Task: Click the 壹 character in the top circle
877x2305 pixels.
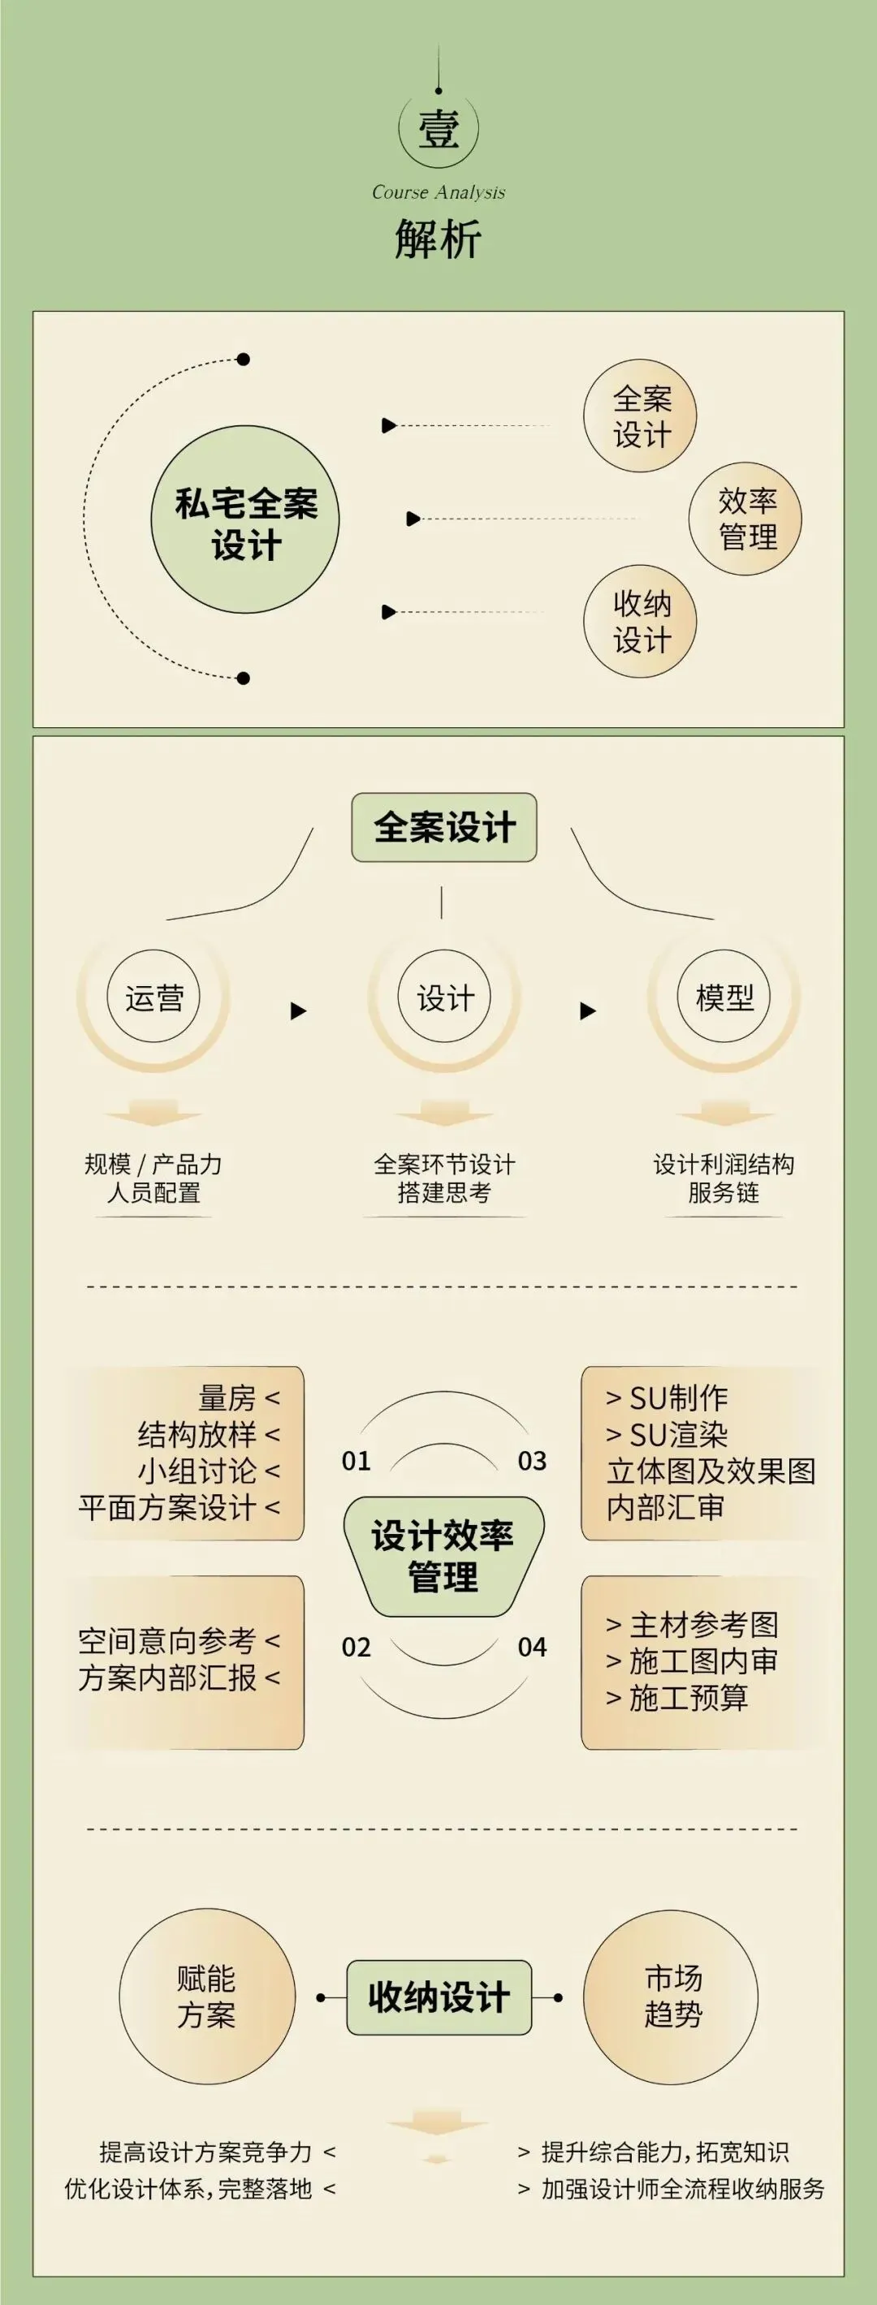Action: [x=438, y=130]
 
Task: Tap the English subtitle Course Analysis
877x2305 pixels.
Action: [x=438, y=192]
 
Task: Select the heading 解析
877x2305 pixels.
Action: [x=438, y=239]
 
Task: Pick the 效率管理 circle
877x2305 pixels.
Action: [x=745, y=519]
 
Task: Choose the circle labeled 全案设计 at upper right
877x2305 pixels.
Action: [x=640, y=416]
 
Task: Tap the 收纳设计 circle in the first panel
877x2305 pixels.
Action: [x=640, y=622]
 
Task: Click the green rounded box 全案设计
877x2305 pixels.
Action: [x=444, y=828]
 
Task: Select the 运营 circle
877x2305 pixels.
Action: [x=154, y=997]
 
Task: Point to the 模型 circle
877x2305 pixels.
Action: [x=724, y=997]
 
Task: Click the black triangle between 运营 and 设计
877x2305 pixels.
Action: [x=299, y=1011]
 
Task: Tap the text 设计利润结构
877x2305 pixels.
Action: [x=724, y=1164]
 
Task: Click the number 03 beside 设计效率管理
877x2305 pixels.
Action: [x=533, y=1461]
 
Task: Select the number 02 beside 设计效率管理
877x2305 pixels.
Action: [x=356, y=1648]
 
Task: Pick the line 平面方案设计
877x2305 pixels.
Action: [x=167, y=1508]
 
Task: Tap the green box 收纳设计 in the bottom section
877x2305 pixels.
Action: [x=439, y=1997]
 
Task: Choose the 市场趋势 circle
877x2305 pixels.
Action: [x=672, y=1997]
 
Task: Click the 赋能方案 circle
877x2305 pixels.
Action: [x=207, y=1997]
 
